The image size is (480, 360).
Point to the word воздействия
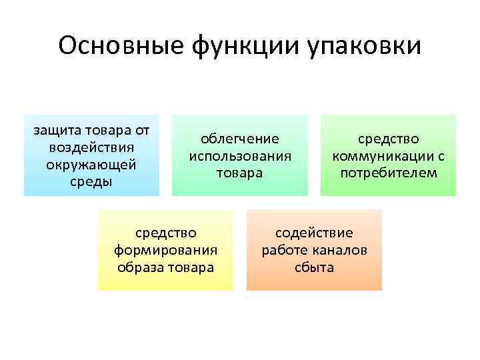pyautogui.click(x=92, y=147)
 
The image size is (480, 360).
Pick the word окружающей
pyautogui.click(x=92, y=164)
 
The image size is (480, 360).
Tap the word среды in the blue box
pyautogui.click(x=92, y=181)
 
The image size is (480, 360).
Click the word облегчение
pyautogui.click(x=240, y=139)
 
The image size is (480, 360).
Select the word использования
pyautogui.click(x=240, y=156)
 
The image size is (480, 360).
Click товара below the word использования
pyautogui.click(x=240, y=173)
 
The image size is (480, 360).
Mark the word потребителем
pyautogui.click(x=388, y=173)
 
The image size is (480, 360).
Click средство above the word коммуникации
pyautogui.click(x=388, y=139)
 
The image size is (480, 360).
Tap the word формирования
pyautogui.click(x=166, y=251)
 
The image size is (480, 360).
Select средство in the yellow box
pyautogui.click(x=166, y=233)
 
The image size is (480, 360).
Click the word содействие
pyautogui.click(x=315, y=233)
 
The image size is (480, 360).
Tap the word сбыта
pyautogui.click(x=315, y=268)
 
